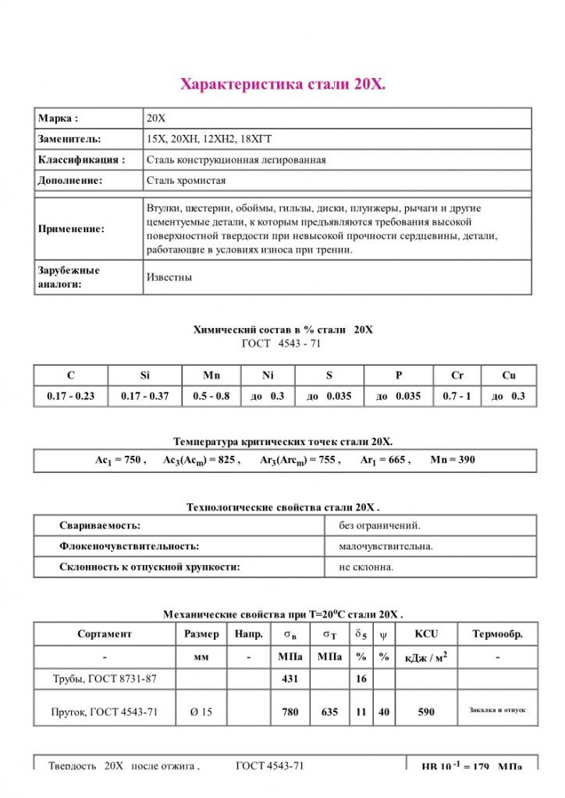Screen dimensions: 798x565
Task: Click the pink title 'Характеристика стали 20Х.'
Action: click(282, 83)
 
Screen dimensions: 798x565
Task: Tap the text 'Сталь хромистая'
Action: click(186, 181)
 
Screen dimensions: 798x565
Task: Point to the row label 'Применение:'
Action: click(71, 230)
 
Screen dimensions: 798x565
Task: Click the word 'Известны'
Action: click(169, 277)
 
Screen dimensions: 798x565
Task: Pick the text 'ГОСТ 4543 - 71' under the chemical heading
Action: click(282, 343)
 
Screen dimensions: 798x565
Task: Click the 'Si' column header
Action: click(144, 376)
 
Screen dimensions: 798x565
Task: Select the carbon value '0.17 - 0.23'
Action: click(70, 396)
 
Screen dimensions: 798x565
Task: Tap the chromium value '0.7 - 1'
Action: click(457, 396)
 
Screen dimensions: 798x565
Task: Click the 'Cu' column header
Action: click(509, 376)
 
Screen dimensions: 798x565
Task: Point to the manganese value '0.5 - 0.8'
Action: click(211, 396)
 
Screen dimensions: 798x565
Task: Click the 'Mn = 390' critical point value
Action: click(453, 460)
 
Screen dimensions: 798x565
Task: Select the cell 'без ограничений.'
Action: click(379, 525)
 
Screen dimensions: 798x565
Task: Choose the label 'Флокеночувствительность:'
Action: click(129, 546)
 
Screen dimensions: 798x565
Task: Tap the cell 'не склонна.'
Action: click(366, 567)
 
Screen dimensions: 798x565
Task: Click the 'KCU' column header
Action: click(426, 634)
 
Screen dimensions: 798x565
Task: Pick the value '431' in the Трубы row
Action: click(290, 679)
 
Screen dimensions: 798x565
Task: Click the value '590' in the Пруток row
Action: click(426, 711)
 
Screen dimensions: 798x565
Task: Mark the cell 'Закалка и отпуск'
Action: click(497, 711)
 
